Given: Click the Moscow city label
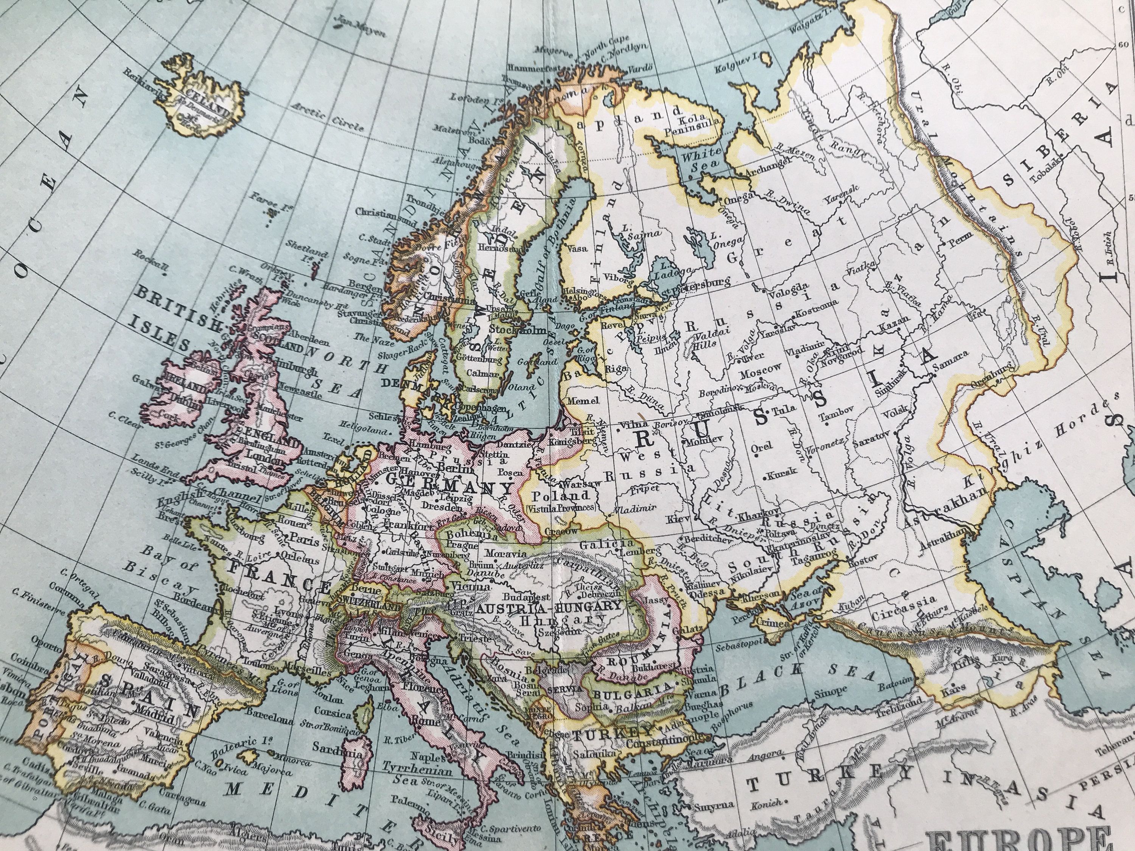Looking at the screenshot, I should [760, 368].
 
